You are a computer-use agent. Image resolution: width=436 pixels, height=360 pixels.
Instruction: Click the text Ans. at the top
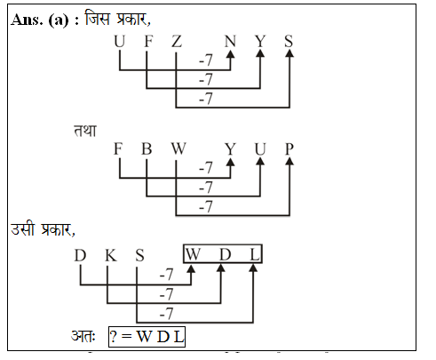[x=27, y=20]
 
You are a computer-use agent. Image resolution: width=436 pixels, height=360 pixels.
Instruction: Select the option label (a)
[x=59, y=20]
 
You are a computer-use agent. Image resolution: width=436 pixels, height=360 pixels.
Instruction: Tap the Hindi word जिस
[x=98, y=19]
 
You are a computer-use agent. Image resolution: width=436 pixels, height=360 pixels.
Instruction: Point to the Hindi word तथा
[x=85, y=131]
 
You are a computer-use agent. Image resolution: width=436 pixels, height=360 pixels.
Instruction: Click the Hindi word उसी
[x=23, y=228]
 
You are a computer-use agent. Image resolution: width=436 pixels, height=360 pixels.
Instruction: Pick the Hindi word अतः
[x=83, y=336]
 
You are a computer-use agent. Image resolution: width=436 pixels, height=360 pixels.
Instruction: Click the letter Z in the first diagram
[x=177, y=41]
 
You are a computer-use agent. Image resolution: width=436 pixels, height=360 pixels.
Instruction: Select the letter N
[x=230, y=41]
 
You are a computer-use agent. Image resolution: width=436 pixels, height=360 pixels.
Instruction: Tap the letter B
[x=147, y=148]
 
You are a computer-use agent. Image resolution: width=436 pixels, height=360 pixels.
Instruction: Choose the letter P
[x=289, y=148]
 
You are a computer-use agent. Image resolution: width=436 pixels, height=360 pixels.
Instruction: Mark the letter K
[x=111, y=255]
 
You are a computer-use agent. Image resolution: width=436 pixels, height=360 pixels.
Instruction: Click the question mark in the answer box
[x=114, y=337]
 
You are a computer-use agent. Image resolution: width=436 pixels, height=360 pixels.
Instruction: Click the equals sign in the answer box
[x=126, y=337]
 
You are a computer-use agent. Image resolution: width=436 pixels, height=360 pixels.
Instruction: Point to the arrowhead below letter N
[x=230, y=53]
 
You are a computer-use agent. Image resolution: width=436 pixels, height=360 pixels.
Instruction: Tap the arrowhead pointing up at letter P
[x=289, y=161]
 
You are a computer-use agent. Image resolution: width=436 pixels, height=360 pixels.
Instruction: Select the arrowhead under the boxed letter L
[x=253, y=268]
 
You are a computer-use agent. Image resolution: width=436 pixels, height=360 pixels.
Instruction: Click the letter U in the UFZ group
[x=120, y=41]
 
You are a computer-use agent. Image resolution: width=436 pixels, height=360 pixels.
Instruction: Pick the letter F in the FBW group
[x=118, y=148]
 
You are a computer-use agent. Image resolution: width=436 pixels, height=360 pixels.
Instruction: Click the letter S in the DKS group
[x=139, y=255]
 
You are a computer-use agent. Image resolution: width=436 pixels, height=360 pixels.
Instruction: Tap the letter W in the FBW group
[x=178, y=148]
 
